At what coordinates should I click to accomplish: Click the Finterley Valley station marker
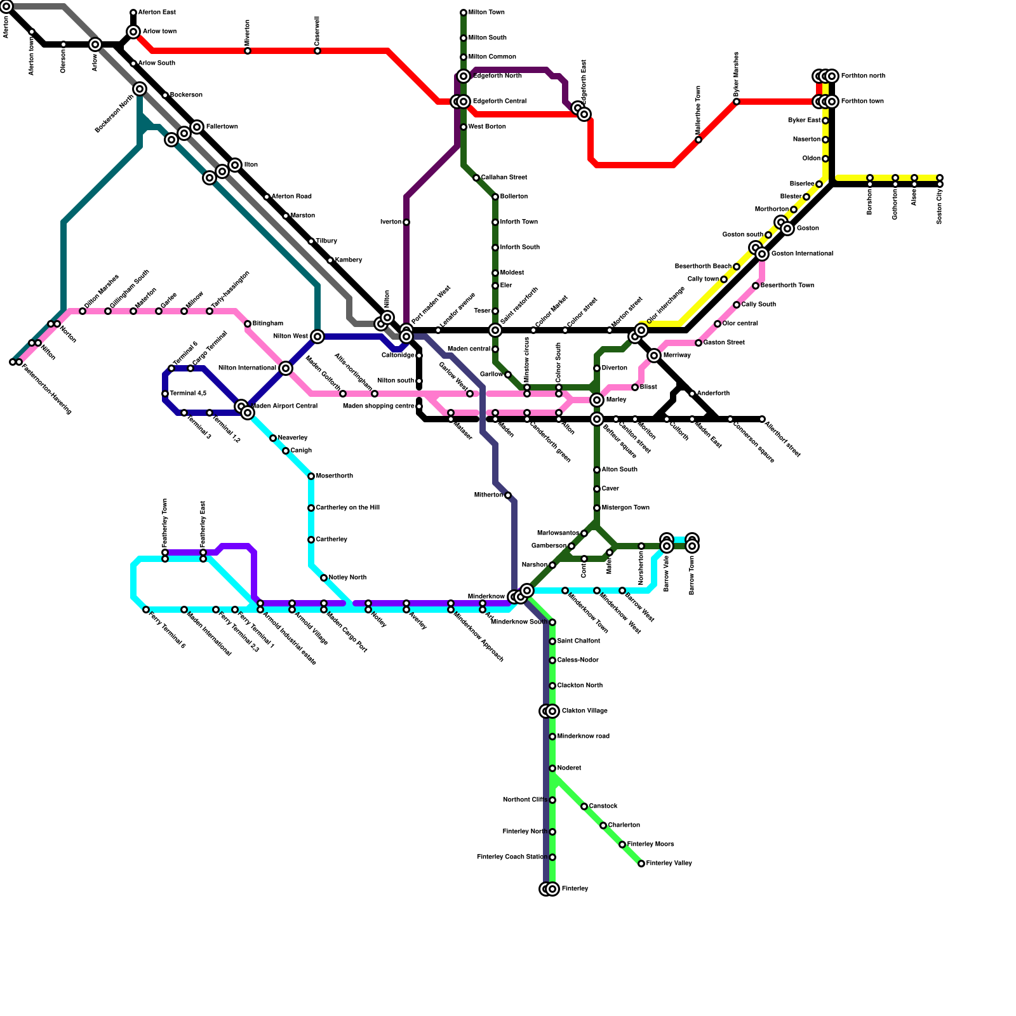641,864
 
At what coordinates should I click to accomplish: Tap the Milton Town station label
486,13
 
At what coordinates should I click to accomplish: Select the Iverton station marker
406,222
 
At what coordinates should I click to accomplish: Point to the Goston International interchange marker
762,254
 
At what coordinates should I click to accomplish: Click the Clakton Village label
584,711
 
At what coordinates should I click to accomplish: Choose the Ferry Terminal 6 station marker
146,610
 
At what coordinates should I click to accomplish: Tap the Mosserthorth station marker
311,476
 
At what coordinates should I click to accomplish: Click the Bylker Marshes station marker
737,102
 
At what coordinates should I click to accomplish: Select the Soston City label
939,206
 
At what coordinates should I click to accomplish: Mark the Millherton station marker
508,495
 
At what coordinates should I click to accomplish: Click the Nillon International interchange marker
286,368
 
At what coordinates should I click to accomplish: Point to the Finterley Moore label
650,845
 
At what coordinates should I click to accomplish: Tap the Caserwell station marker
317,51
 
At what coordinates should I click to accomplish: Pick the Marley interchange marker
597,400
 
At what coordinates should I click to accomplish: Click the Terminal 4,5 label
188,394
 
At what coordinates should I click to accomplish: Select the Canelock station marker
584,806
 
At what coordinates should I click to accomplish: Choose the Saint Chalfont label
578,641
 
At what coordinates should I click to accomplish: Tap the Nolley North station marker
324,578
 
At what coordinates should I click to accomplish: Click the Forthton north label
863,76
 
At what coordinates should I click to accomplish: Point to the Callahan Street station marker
476,178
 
